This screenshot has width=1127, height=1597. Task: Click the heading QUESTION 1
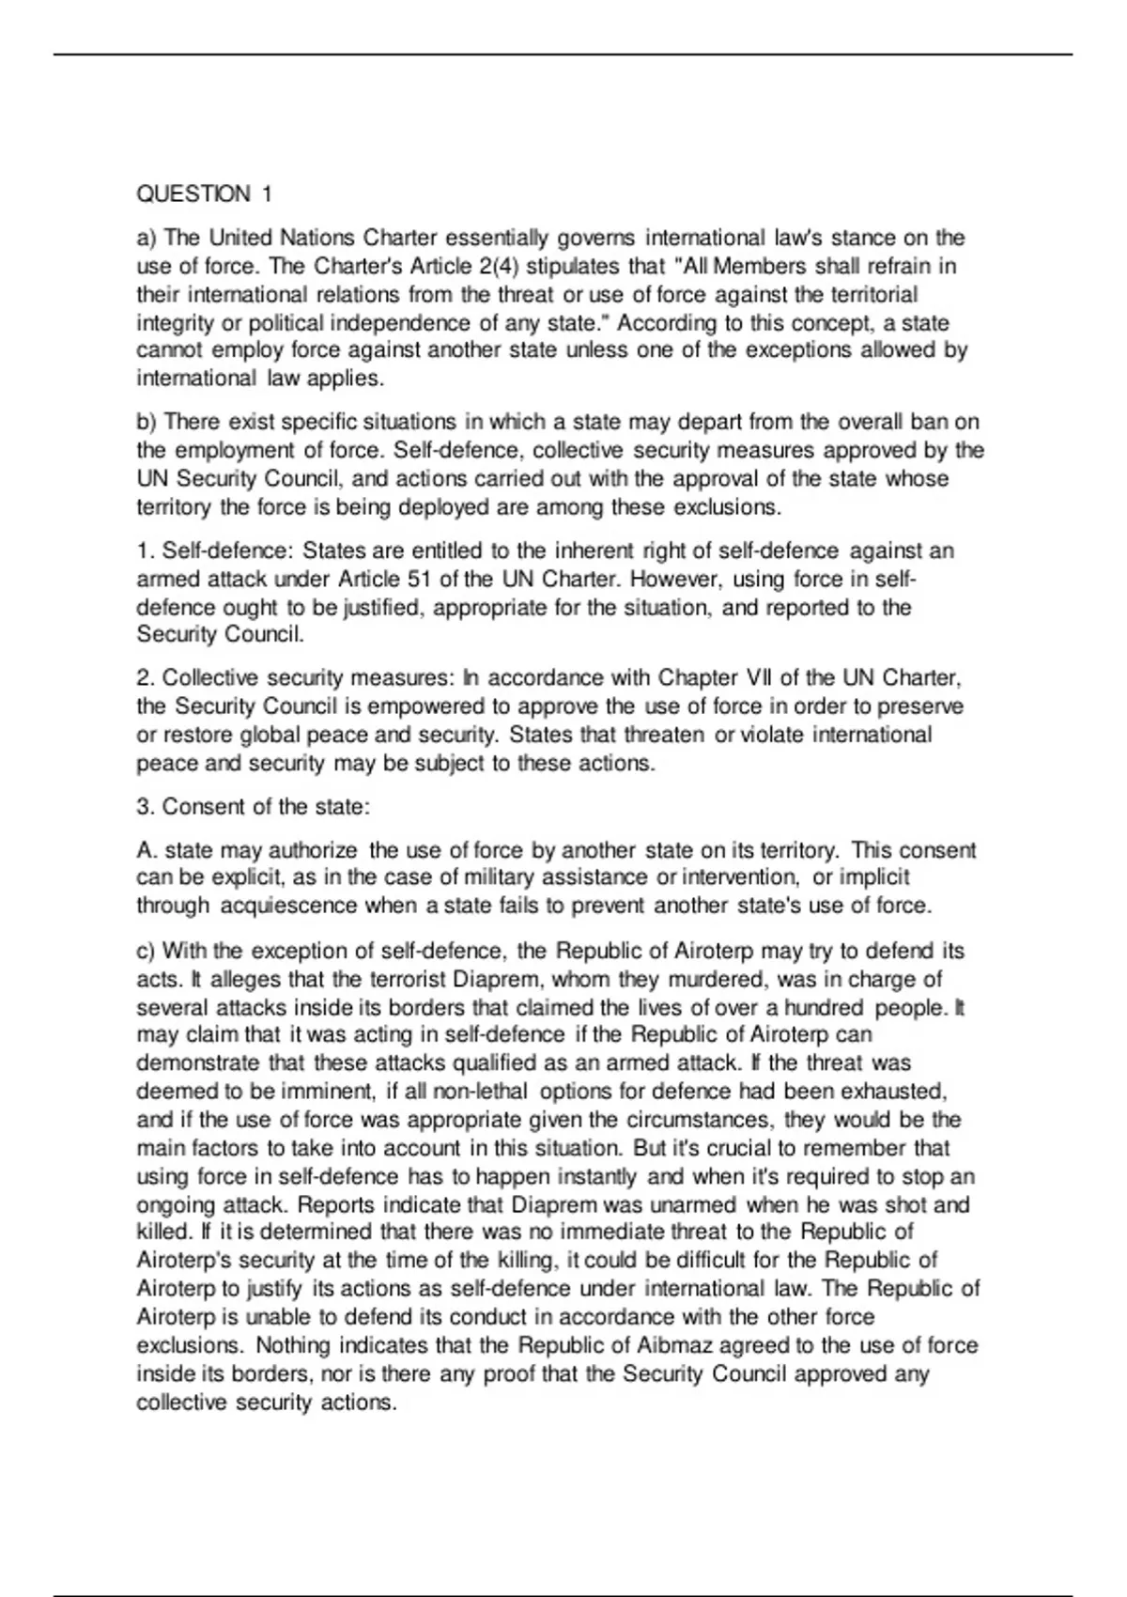[x=204, y=194]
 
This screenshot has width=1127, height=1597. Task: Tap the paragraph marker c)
[x=147, y=951]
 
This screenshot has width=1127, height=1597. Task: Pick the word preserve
[x=918, y=706]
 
